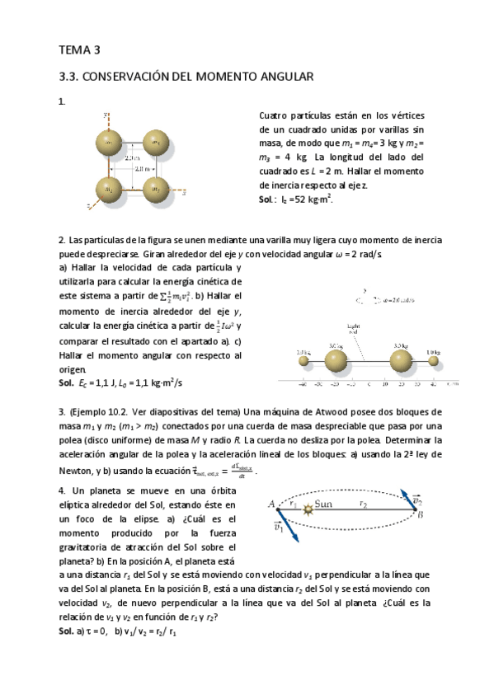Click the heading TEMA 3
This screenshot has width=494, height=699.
[x=79, y=49]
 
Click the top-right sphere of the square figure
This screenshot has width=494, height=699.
[x=157, y=141]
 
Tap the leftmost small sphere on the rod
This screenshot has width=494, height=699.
[x=303, y=359]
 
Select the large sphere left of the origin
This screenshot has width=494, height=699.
[x=335, y=360]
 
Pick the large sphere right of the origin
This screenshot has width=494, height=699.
[x=401, y=360]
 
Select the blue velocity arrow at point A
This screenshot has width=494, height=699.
[x=285, y=521]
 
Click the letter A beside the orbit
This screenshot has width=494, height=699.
[x=271, y=504]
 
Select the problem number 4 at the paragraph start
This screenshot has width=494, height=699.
[x=62, y=491]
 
